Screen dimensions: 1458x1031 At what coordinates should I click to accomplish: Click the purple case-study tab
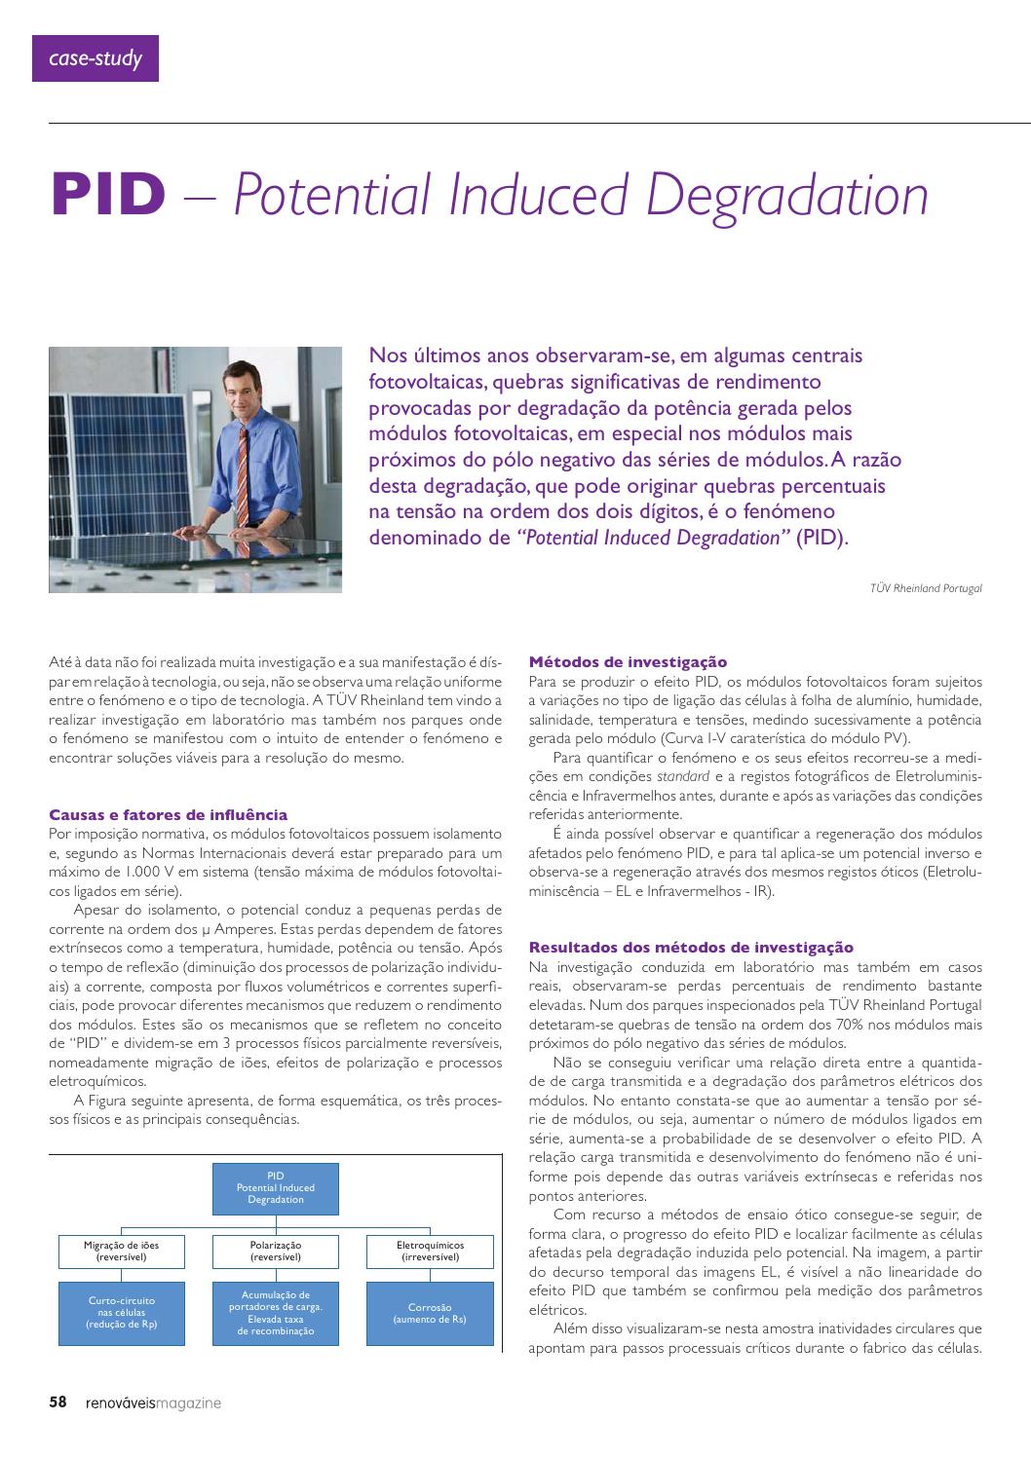95,58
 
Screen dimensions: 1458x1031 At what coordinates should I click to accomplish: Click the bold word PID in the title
109,195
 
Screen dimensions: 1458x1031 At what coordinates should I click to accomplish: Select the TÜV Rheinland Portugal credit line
926,588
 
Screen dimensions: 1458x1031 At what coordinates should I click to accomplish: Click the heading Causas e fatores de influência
168,814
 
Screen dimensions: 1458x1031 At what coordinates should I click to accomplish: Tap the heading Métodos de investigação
628,662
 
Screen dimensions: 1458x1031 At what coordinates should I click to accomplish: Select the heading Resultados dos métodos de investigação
690,947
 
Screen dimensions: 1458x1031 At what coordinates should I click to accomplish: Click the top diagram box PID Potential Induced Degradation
276,1188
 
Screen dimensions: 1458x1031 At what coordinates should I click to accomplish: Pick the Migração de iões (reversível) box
122,1251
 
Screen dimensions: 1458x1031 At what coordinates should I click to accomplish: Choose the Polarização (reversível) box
276,1251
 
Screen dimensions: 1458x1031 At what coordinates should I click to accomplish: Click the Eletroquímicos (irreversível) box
430,1251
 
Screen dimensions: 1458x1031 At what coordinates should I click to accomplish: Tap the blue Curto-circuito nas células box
122,1312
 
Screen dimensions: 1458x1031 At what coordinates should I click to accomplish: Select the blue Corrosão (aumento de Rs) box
430,1312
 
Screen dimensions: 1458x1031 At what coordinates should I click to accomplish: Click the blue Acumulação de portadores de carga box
276,1312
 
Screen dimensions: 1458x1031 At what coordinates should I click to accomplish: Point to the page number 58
58,1402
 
